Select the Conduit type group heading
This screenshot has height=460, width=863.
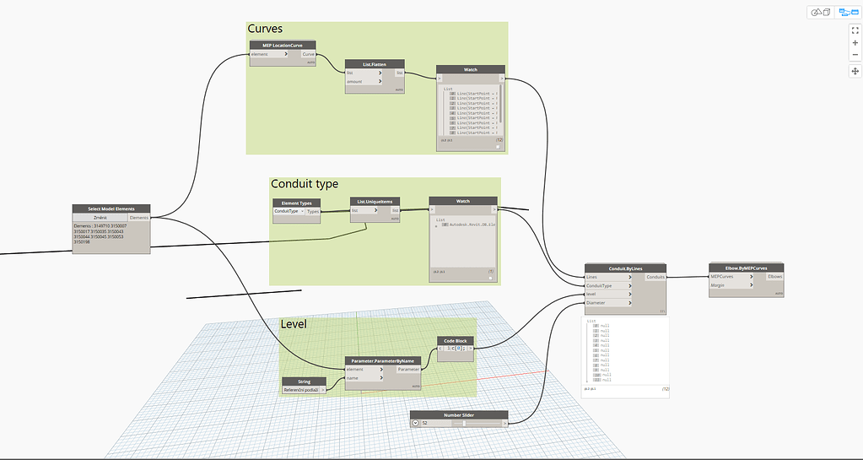pyautogui.click(x=304, y=184)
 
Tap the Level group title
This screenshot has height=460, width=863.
pyautogui.click(x=294, y=324)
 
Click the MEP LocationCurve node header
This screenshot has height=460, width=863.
pyautogui.click(x=283, y=45)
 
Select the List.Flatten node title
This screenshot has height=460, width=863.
pyautogui.click(x=375, y=63)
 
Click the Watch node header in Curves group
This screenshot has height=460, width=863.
pyautogui.click(x=470, y=69)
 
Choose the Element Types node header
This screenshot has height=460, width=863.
pyautogui.click(x=296, y=203)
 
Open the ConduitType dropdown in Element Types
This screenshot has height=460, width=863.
pyautogui.click(x=288, y=212)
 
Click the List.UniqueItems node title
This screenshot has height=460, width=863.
pyautogui.click(x=375, y=202)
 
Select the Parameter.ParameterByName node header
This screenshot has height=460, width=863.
pyautogui.click(x=383, y=360)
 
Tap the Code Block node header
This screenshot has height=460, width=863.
pyautogui.click(x=455, y=341)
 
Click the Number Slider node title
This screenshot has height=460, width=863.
pyautogui.click(x=459, y=414)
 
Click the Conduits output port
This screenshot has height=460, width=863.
pyautogui.click(x=655, y=277)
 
